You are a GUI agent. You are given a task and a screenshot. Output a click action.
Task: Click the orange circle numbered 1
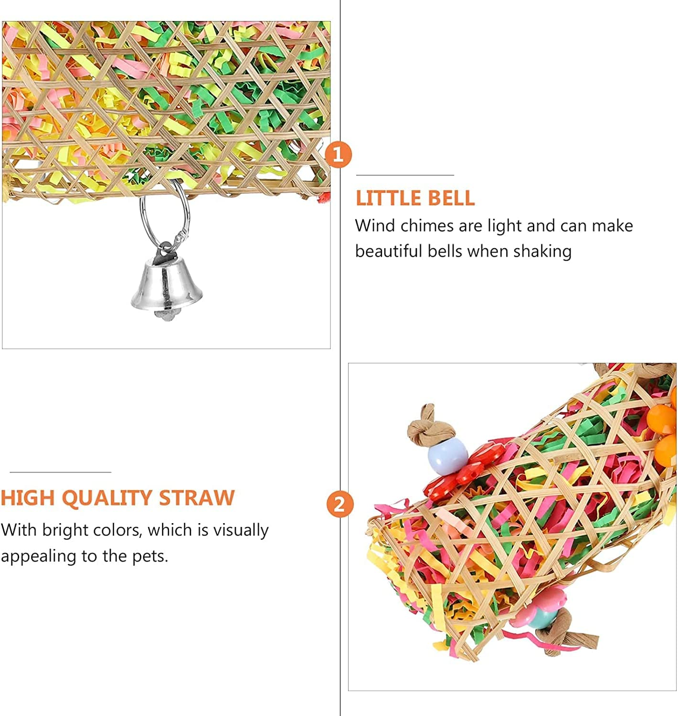[338, 155]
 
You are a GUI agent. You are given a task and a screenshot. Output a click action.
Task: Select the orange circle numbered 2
[339, 504]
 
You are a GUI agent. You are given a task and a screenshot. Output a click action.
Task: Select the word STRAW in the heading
[197, 498]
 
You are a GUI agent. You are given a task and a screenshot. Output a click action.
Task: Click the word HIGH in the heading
[28, 498]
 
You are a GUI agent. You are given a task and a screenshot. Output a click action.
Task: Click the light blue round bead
[448, 457]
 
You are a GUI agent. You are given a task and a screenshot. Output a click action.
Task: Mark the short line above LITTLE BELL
[405, 175]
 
